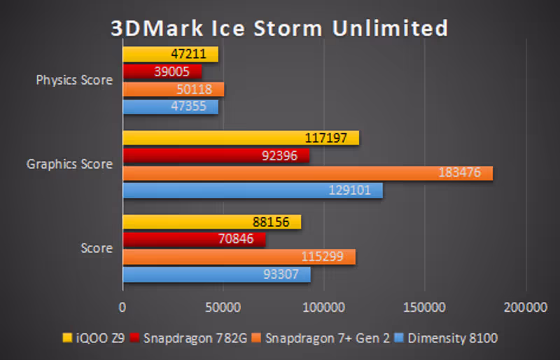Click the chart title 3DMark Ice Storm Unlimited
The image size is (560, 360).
click(279, 28)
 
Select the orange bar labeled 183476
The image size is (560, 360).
click(308, 173)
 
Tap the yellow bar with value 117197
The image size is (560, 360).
click(241, 138)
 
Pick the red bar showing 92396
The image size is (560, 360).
click(216, 155)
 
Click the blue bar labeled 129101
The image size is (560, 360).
click(253, 191)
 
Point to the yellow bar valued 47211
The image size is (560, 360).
click(171, 54)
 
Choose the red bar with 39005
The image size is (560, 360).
click(162, 71)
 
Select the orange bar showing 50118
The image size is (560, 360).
click(174, 89)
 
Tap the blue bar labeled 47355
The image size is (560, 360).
click(171, 106)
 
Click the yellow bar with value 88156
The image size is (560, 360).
click(212, 222)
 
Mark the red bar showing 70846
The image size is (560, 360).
click(194, 240)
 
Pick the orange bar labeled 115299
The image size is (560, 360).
click(239, 257)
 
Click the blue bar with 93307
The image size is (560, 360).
click(216, 275)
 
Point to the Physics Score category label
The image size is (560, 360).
click(74, 80)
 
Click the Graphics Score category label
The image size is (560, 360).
click(69, 165)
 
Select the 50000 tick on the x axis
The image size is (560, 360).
click(223, 307)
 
